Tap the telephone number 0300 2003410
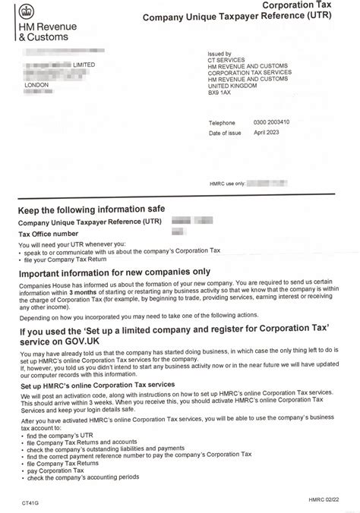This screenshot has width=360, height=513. (x=271, y=122)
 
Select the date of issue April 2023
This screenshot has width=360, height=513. (x=268, y=133)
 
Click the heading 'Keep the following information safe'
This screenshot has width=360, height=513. (x=91, y=209)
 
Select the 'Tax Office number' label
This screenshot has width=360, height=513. (x=49, y=234)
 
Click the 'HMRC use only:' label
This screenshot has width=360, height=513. (x=226, y=182)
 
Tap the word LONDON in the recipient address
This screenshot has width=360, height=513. (x=36, y=85)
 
